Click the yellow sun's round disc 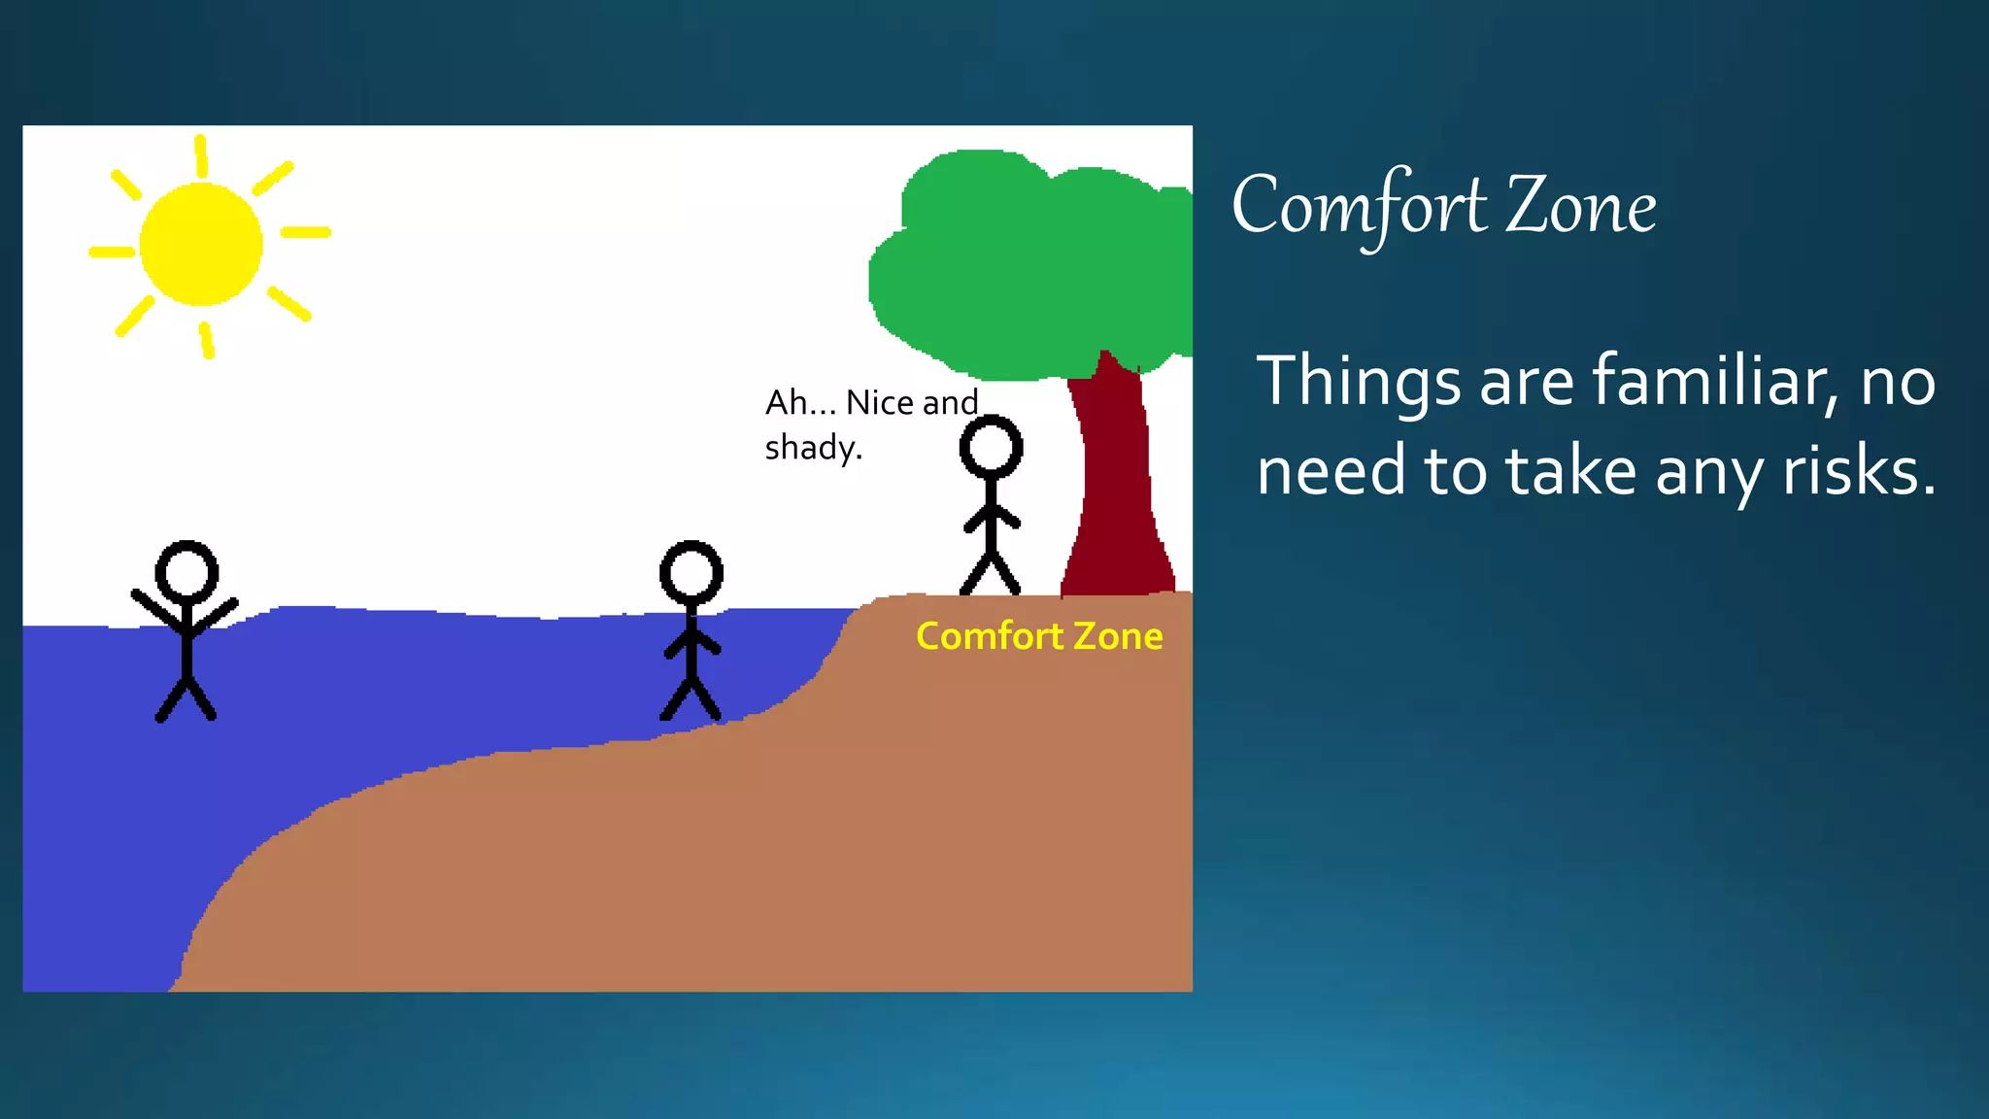pos(201,244)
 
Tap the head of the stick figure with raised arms pos(186,571)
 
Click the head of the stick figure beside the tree pos(991,447)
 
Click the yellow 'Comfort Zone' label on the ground pos(1039,636)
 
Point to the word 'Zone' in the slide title pos(1581,207)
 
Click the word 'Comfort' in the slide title pos(1360,207)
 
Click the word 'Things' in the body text pos(1359,383)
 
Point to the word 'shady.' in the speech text pos(813,449)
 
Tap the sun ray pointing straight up pos(201,156)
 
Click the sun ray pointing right pos(306,232)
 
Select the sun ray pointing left pos(112,253)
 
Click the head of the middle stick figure pos(691,571)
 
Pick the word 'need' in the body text pos(1332,472)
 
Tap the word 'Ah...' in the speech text pos(800,402)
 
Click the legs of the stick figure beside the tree pos(990,573)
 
